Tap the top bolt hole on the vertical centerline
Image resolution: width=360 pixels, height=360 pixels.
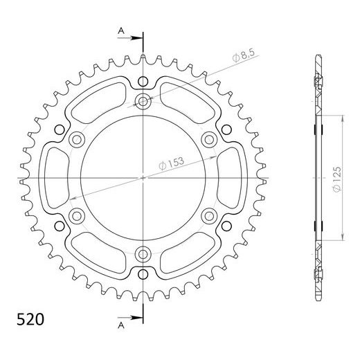pos(143,102)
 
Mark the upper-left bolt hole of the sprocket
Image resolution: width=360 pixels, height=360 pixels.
pos(78,139)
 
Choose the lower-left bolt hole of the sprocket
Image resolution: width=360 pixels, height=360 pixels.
pos(78,214)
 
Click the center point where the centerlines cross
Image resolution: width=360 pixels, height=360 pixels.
pos(143,177)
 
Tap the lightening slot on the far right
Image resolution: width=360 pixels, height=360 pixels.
pos(229,177)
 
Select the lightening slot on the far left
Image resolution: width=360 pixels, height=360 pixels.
pos(57,177)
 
